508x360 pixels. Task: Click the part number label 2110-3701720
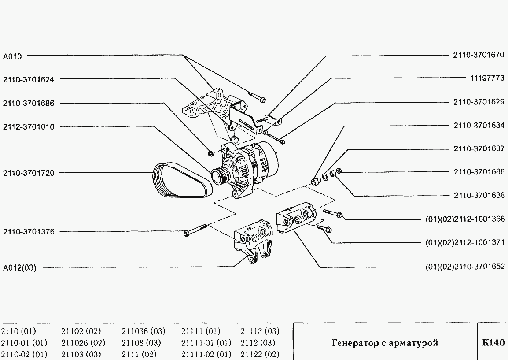(x=29, y=173)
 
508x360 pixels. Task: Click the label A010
(x=12, y=56)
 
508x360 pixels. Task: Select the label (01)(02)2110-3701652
(x=467, y=267)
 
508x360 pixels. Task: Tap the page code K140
(x=493, y=343)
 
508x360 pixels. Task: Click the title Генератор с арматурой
(x=385, y=343)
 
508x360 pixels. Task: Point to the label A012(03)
(x=20, y=267)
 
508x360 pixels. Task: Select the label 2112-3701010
(x=29, y=127)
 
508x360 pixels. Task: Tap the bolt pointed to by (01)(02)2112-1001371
(x=324, y=228)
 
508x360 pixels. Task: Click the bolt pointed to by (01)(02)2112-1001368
(x=334, y=214)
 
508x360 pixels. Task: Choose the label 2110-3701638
(x=479, y=195)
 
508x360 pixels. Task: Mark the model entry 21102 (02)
(x=81, y=331)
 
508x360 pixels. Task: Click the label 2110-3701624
(x=29, y=80)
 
